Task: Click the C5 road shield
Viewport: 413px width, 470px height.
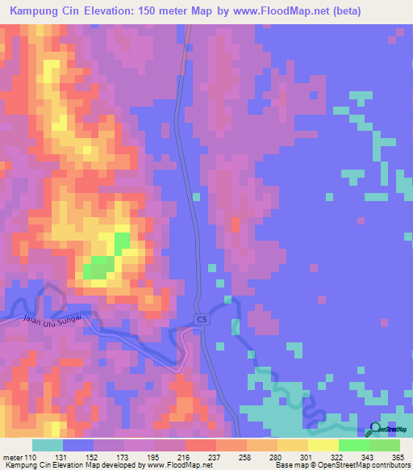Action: pos(201,320)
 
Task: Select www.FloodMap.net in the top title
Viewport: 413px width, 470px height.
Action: pos(276,11)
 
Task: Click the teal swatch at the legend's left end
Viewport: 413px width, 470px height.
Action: pos(48,446)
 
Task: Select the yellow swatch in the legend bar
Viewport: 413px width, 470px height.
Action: pos(323,446)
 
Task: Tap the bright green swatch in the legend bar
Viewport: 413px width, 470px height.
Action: pos(354,446)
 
